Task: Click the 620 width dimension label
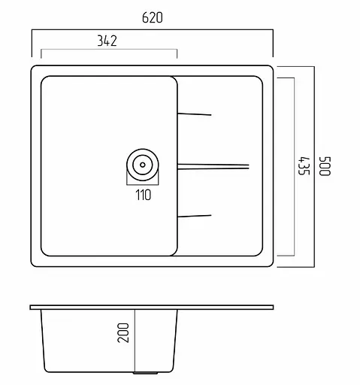(x=151, y=17)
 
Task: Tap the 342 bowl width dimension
(x=107, y=41)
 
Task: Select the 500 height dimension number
(x=325, y=166)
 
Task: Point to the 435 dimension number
(x=303, y=166)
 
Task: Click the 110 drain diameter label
(x=143, y=196)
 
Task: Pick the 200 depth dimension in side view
(x=125, y=332)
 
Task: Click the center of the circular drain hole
(x=142, y=164)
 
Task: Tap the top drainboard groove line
(x=195, y=114)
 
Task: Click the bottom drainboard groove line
(x=195, y=216)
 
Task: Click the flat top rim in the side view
(x=151, y=308)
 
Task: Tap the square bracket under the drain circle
(x=142, y=183)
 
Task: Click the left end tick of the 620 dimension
(x=32, y=44)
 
